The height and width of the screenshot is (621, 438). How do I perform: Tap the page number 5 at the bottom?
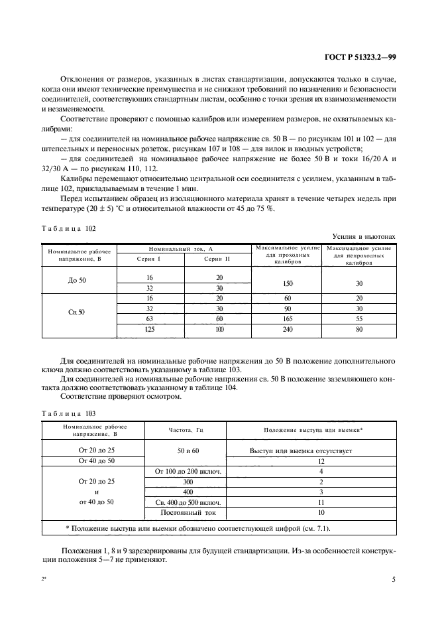[x=394, y=579]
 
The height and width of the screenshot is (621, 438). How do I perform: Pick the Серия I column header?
[x=149, y=258]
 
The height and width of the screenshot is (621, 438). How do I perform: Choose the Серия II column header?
[x=219, y=258]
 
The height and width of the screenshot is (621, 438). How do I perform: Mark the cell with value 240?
[x=288, y=328]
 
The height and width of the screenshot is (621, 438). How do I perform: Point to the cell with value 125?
[x=149, y=328]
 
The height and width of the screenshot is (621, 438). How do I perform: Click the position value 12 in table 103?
[x=321, y=460]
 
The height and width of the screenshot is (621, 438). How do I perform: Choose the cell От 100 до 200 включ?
[x=188, y=472]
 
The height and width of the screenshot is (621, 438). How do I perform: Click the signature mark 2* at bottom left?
[x=44, y=580]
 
